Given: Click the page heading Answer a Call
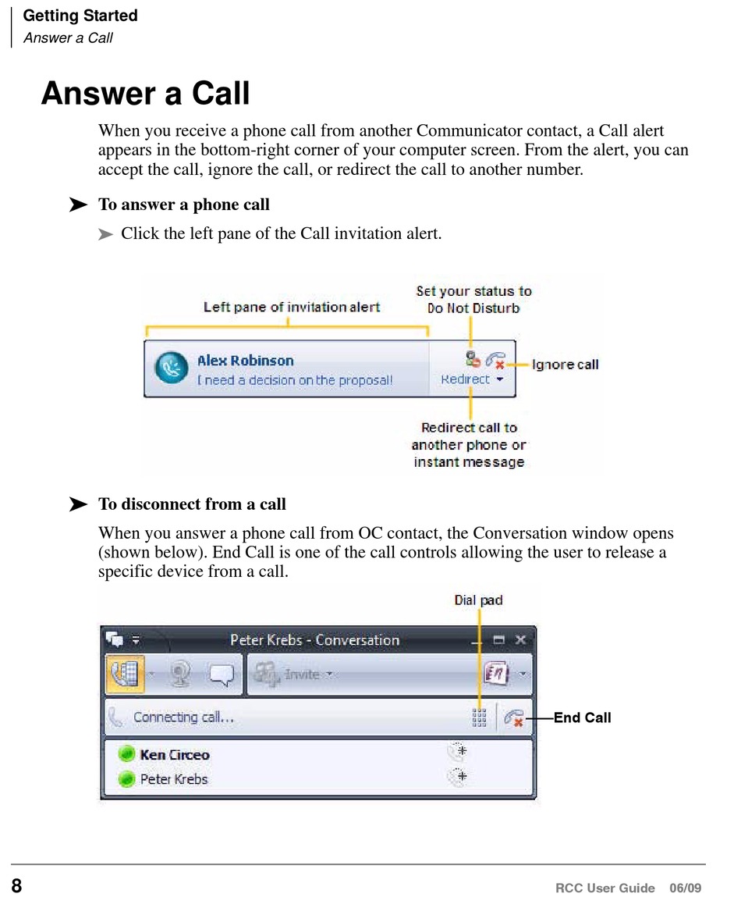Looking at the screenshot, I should click(x=145, y=94).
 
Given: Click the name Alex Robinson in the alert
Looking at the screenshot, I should click(x=245, y=361).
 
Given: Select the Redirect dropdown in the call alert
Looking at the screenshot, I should click(x=471, y=379).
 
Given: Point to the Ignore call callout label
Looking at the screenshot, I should click(x=565, y=365).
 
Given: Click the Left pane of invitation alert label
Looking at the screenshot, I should click(x=292, y=307).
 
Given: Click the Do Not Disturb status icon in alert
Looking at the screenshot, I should click(x=471, y=360).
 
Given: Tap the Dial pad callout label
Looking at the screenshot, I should click(x=478, y=600).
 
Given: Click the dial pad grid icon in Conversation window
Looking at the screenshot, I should click(x=479, y=717).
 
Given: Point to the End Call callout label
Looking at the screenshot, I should click(x=582, y=717).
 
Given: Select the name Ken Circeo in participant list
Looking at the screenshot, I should click(x=175, y=755).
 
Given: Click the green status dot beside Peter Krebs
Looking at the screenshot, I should click(x=126, y=779).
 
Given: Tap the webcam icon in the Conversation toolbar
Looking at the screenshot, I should click(x=181, y=674).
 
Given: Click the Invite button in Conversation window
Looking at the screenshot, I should click(x=296, y=674).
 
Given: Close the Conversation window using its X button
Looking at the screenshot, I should click(x=520, y=640).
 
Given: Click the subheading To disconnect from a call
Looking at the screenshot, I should click(x=192, y=504).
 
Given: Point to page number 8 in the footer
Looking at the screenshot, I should click(x=16, y=887).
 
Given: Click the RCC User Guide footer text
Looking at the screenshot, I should click(x=605, y=888).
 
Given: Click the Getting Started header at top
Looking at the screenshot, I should click(x=80, y=16).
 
